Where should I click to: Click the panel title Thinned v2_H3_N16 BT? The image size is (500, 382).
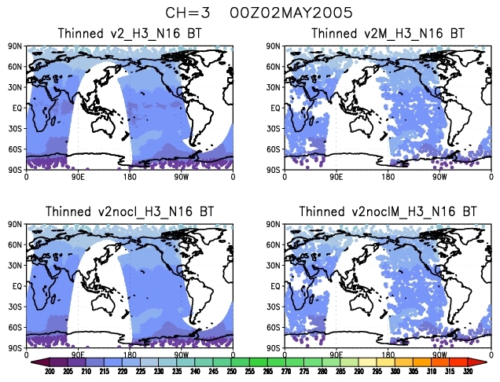tap(130, 34)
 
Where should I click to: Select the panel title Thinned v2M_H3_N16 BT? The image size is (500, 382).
tap(387, 34)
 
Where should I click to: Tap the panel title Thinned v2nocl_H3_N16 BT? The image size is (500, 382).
tap(130, 212)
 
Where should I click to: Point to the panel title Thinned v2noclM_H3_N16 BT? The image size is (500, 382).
tap(387, 212)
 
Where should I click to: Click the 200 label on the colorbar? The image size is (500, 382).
tap(50, 370)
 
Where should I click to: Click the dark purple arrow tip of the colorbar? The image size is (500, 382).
tap(36, 361)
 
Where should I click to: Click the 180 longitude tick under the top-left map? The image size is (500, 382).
tap(131, 177)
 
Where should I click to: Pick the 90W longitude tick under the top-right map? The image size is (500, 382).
tap(439, 177)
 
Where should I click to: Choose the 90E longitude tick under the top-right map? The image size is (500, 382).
tap(336, 177)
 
